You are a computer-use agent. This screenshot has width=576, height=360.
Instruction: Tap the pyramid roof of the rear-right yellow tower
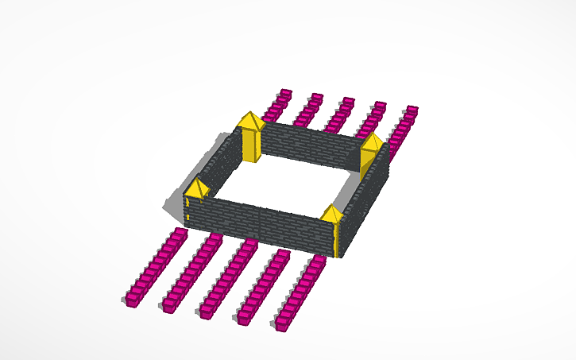371,142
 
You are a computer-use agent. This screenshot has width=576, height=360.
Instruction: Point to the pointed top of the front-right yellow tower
332,213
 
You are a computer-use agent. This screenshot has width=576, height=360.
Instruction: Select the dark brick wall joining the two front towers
262,222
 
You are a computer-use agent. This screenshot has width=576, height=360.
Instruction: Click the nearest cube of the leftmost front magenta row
133,299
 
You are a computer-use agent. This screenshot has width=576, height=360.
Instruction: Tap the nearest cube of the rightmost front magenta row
284,322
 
